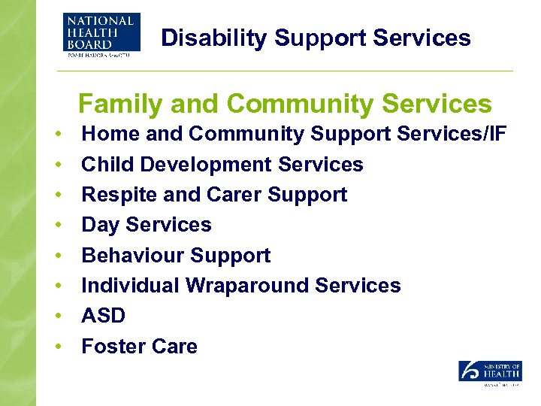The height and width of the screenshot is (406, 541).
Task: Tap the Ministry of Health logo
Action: click(x=490, y=372)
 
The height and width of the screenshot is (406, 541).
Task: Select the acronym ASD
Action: click(x=103, y=316)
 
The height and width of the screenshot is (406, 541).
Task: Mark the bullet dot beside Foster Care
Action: click(x=58, y=347)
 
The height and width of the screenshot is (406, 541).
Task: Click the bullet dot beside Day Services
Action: click(x=58, y=226)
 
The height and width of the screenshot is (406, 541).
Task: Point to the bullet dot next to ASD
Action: click(x=58, y=317)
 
